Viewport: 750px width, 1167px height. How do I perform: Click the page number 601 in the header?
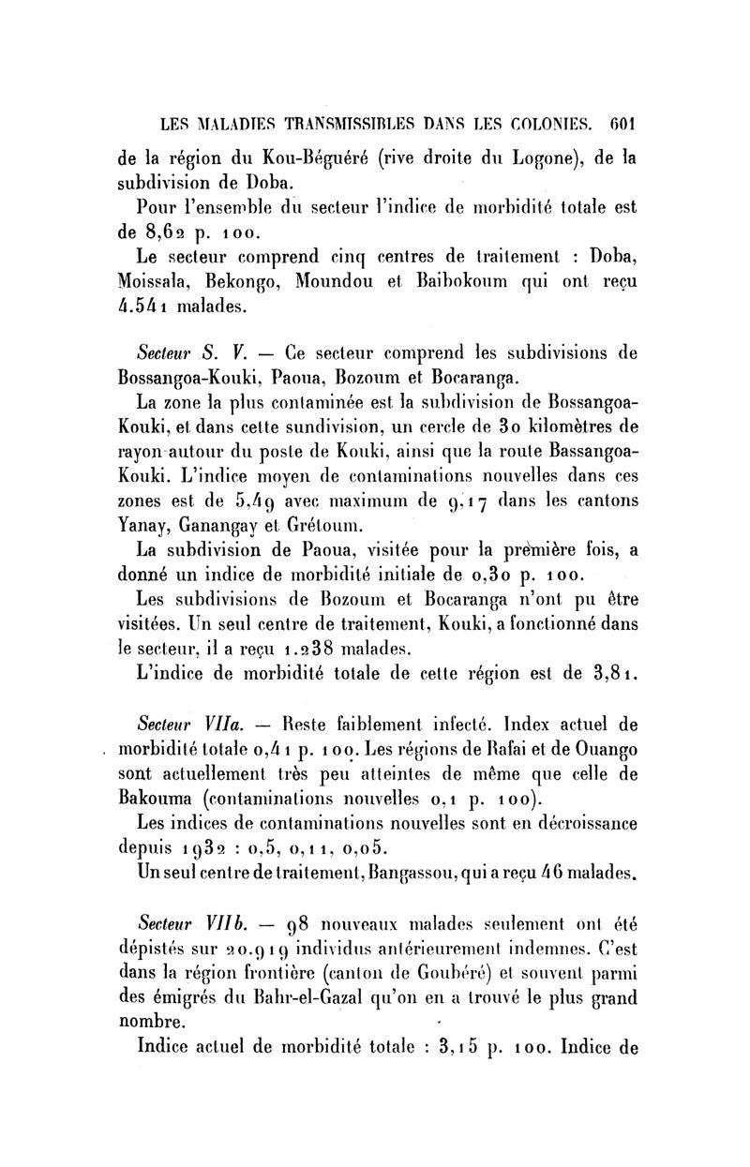pos(622,122)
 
